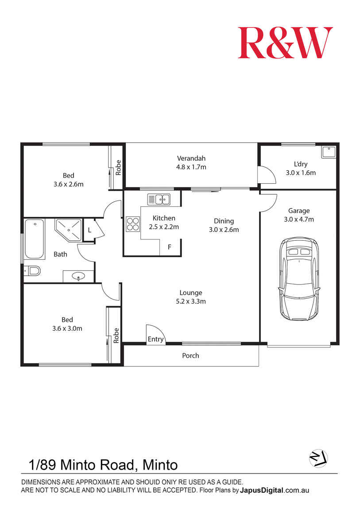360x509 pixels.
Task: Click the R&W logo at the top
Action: click(x=285, y=42)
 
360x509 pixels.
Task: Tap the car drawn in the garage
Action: click(x=298, y=279)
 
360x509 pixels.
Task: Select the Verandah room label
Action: click(x=191, y=158)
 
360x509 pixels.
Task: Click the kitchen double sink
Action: click(x=159, y=199)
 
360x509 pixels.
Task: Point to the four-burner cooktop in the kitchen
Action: click(x=132, y=224)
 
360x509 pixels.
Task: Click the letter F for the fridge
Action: click(x=169, y=247)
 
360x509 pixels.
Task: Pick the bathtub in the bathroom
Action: click(x=35, y=239)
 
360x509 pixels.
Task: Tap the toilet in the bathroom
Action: click(x=33, y=270)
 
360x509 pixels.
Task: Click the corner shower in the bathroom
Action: click(x=69, y=229)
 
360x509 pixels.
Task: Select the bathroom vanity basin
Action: click(x=79, y=277)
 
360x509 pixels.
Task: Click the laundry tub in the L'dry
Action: click(x=329, y=153)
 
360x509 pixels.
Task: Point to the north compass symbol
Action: click(x=318, y=458)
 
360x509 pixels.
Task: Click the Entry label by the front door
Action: click(x=155, y=339)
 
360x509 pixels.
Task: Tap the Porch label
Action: click(x=190, y=355)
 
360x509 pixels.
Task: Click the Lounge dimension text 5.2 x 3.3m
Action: click(x=191, y=301)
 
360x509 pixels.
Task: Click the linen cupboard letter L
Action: click(x=89, y=230)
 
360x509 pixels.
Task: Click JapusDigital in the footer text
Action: click(x=262, y=490)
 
